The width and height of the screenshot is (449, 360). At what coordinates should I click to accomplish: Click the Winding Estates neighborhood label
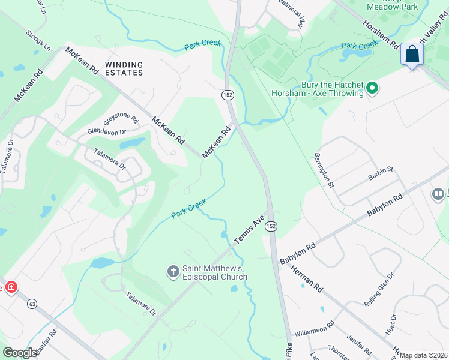(124, 68)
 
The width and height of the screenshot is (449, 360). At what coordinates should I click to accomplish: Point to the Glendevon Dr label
(107, 131)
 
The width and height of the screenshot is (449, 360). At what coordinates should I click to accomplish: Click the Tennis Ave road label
(249, 230)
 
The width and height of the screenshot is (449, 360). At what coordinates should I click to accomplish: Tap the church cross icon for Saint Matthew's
(173, 272)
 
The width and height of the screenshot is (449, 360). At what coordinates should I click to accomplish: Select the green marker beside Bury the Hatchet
(372, 89)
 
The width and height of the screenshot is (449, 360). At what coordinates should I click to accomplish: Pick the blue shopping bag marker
(412, 55)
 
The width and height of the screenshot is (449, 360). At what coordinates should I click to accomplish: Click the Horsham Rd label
(381, 35)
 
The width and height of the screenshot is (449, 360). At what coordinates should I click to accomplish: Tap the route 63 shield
(32, 305)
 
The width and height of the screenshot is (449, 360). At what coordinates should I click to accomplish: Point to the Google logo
(20, 353)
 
